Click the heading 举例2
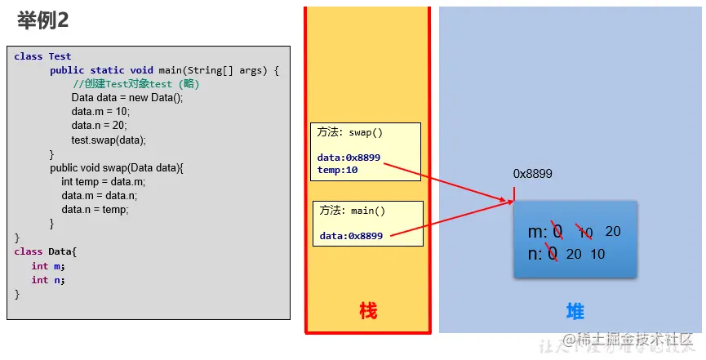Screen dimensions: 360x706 [x=42, y=20]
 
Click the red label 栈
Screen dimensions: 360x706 [x=368, y=311]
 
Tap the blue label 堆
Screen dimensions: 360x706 [x=575, y=311]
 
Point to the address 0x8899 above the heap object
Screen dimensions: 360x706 [x=532, y=173]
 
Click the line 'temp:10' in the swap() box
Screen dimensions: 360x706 [x=338, y=170]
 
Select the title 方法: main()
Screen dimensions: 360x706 [x=352, y=210]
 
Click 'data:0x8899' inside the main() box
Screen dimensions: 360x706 [x=351, y=236]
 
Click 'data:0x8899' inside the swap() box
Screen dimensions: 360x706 [x=349, y=158]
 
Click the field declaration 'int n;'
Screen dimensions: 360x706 [x=47, y=279]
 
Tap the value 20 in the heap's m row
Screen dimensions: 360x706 [x=613, y=231]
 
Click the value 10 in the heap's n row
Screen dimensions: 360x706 [x=597, y=254]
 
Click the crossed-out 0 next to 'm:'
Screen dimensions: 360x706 [x=557, y=232]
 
